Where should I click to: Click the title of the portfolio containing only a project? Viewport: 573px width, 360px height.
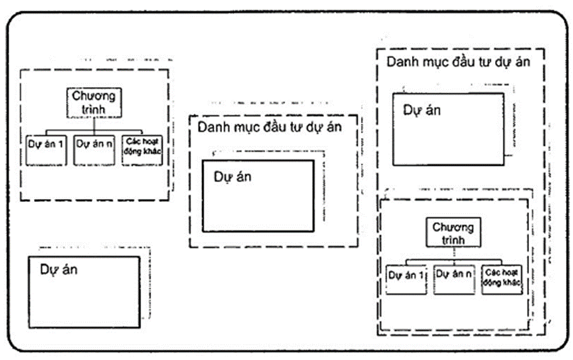(269, 128)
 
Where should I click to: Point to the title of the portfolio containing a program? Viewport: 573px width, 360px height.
(458, 62)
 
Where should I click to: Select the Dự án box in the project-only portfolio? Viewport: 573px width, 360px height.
(257, 196)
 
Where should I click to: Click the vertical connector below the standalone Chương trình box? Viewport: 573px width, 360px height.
(94, 125)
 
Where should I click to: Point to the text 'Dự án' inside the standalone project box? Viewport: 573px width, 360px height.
(58, 270)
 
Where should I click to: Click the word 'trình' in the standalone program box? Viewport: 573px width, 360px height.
(94, 109)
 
